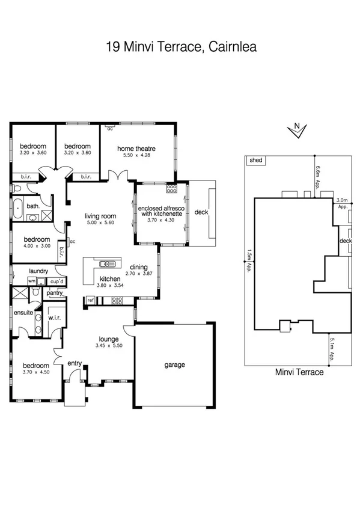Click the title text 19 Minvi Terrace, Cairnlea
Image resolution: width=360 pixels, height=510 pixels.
tap(181, 46)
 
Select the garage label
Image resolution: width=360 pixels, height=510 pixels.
tap(174, 364)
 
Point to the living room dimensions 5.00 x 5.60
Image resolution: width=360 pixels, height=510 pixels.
tap(100, 223)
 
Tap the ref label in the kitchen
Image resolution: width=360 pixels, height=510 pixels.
tap(90, 300)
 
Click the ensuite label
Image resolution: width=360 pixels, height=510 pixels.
tap(23, 312)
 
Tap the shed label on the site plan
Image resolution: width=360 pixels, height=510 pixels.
tap(255, 161)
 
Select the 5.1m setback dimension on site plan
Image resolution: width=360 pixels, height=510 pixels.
tap(332, 349)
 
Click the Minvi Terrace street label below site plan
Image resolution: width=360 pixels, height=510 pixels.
tap(299, 372)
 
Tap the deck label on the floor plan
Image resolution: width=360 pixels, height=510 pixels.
tap(201, 212)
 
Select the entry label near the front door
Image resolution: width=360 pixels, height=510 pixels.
tap(75, 363)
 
